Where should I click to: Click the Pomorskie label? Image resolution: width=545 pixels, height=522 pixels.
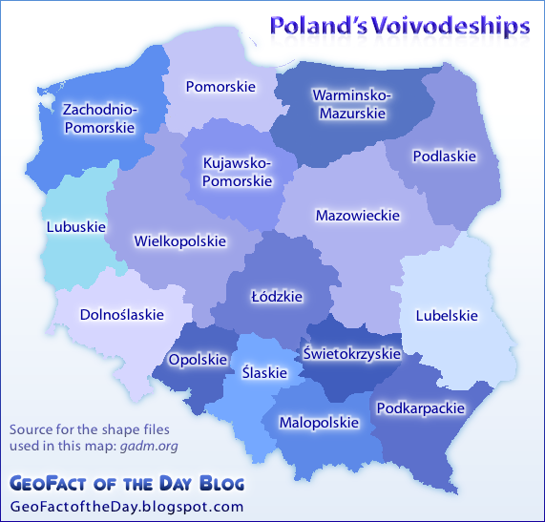(220, 87)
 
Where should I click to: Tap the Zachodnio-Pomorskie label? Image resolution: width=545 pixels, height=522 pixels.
(99, 118)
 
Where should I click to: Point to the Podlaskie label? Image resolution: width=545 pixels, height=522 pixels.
(444, 157)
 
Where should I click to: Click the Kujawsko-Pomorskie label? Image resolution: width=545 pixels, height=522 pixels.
(238, 172)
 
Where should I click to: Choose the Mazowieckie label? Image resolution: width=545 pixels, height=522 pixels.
(357, 216)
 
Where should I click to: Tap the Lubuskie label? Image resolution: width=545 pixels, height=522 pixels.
(75, 227)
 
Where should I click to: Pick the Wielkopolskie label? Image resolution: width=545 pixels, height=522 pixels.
(180, 240)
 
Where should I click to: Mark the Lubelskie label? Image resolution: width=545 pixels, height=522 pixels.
(447, 315)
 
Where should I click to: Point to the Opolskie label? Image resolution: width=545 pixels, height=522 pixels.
(198, 360)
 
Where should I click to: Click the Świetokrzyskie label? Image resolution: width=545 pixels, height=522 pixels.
(351, 353)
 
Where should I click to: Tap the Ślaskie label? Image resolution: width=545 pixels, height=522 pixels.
(264, 373)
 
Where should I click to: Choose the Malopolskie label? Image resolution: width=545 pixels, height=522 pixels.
(319, 422)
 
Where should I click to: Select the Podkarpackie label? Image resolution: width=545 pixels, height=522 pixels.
(421, 408)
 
